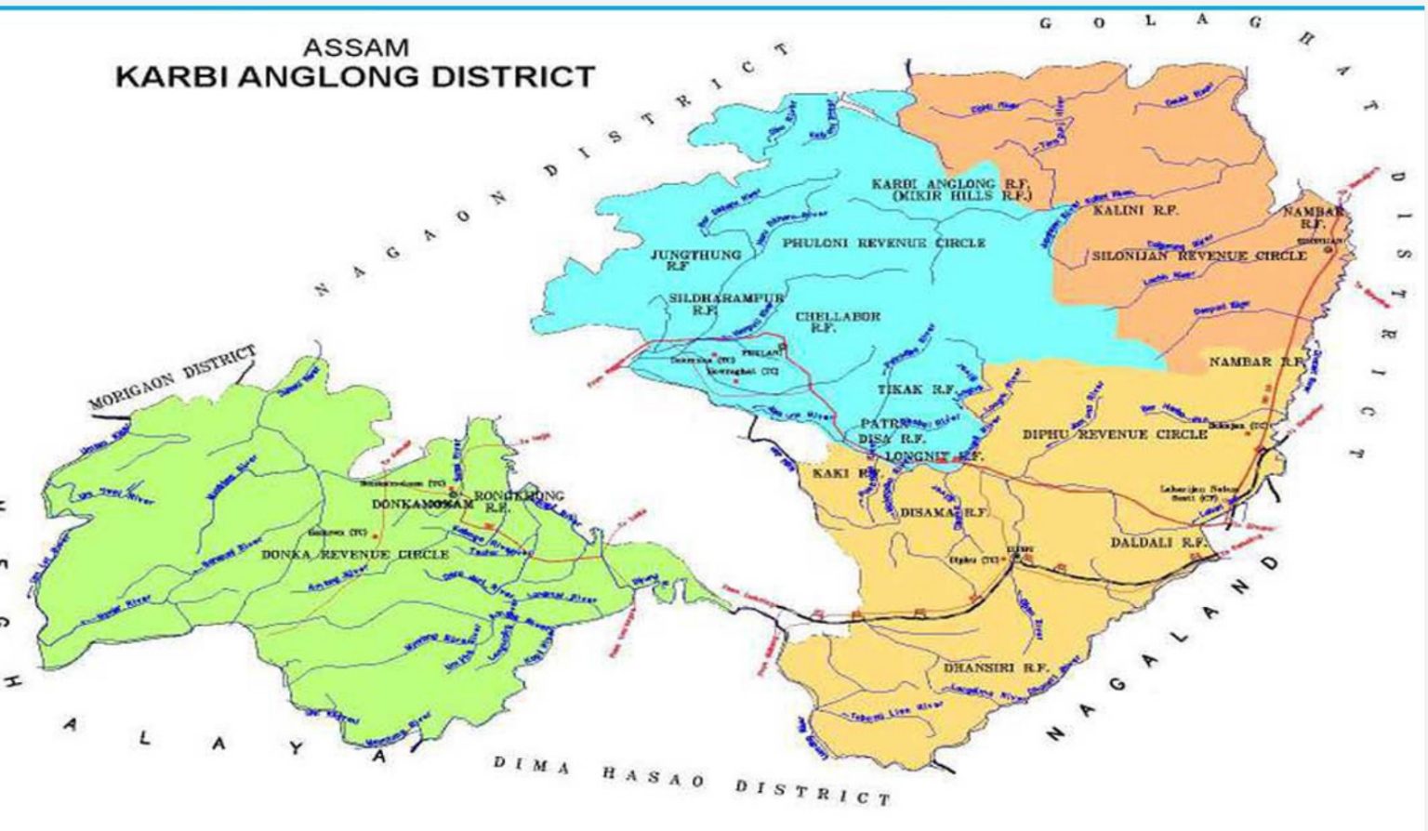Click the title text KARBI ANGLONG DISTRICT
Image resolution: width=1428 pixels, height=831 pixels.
coord(355,76)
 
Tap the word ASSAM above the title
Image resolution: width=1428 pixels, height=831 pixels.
coord(355,46)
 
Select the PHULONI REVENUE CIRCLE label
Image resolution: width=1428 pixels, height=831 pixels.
coord(883,243)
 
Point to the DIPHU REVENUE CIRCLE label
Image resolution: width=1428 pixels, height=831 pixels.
coord(1115,434)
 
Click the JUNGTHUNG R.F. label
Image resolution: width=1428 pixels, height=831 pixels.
coord(695,259)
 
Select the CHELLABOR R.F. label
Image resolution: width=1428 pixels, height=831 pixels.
coord(837,322)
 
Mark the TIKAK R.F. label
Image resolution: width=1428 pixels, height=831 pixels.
coord(916,389)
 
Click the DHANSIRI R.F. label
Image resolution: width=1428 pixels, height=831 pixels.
coord(996,667)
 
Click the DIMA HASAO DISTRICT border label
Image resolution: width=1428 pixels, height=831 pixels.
coord(691,781)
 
